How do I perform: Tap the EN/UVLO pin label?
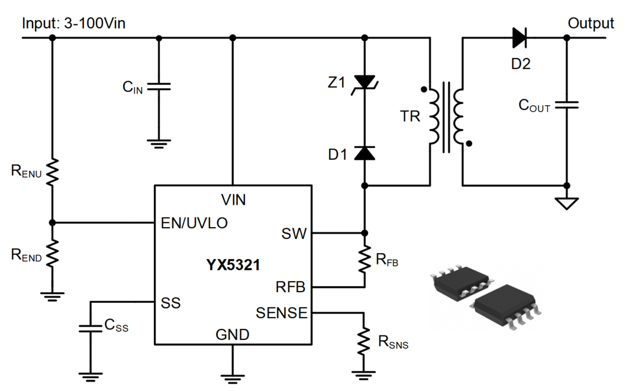195,223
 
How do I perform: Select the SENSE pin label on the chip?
282,312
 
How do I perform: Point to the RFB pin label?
290,287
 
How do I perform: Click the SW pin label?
295,233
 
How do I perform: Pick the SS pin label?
170,303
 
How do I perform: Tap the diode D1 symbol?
364,153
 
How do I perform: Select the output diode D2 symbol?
520,38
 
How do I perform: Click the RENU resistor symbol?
52,172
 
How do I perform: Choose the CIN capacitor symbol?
159,87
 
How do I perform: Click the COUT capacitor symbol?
566,105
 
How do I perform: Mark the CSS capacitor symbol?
91,325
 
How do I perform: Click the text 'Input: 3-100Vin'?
73,24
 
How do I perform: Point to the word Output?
591,24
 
